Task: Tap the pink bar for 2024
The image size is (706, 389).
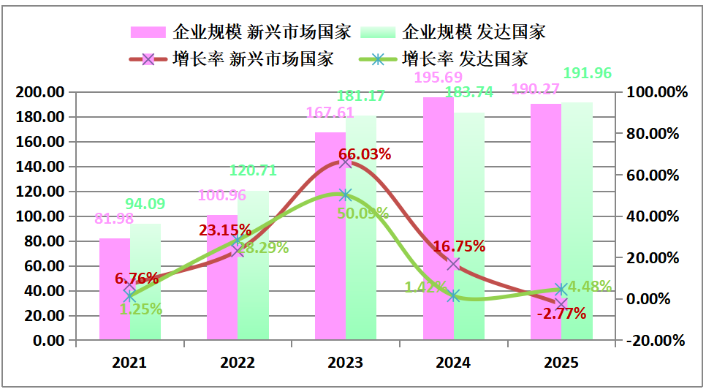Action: [x=438, y=219]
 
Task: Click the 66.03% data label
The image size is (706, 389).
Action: [x=364, y=154]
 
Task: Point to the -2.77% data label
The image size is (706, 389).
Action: [x=561, y=314]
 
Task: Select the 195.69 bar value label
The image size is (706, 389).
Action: [x=439, y=78]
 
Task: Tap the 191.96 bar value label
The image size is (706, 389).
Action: [x=588, y=73]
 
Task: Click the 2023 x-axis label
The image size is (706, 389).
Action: [x=346, y=363]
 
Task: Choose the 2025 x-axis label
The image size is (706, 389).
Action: [x=561, y=363]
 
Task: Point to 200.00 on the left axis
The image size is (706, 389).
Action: [x=40, y=92]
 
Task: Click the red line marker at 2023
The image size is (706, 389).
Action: [x=346, y=162]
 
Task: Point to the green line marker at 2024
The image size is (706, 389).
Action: [x=454, y=296]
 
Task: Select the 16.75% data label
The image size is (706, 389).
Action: [x=460, y=246]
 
